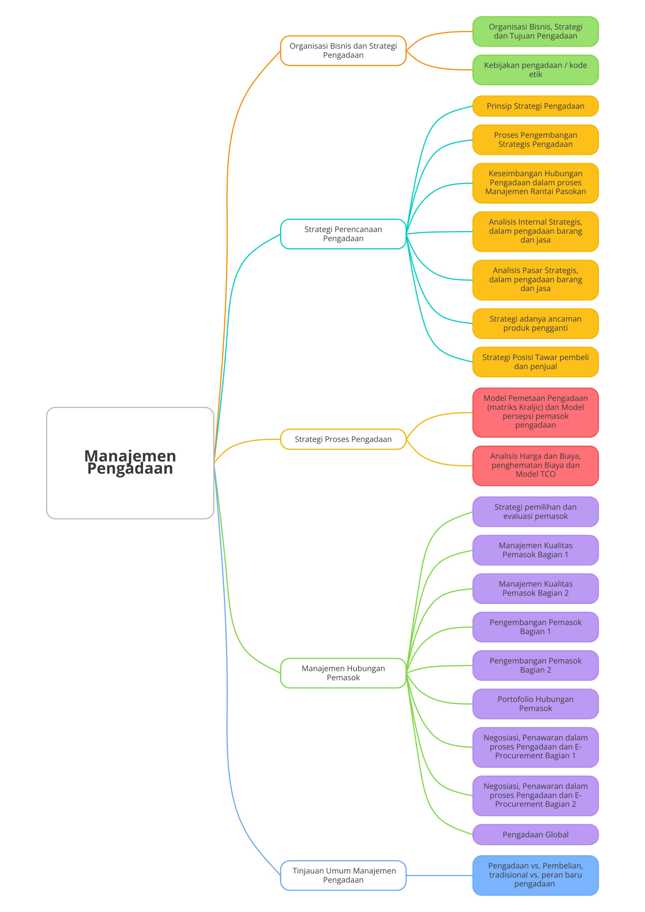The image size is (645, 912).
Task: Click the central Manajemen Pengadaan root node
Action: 130,463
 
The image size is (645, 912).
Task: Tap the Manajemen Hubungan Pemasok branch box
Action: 343,673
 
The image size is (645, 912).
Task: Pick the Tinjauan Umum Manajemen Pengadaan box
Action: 343,875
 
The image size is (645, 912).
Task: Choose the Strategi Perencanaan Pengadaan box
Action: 343,234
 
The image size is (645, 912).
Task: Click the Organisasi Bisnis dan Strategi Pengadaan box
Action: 343,50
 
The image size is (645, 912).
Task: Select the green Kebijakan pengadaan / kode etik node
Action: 535,70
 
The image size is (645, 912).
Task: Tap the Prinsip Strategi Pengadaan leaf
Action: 535,106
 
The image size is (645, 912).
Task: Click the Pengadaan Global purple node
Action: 535,835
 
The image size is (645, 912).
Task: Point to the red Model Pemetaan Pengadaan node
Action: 535,412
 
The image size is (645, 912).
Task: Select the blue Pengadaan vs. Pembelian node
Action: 535,875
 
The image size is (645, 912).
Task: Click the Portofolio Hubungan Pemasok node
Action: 535,704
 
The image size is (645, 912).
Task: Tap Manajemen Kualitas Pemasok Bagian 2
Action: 535,588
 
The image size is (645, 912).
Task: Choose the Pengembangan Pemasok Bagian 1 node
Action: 535,627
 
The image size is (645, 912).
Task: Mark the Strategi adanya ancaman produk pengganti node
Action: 535,323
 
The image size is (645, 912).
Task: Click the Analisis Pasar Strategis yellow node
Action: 535,280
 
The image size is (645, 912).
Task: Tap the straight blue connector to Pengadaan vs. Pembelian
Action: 439,875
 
